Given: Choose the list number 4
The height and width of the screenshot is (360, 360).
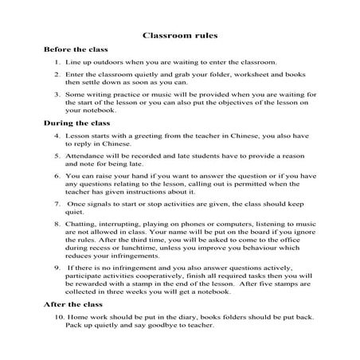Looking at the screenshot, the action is pos(58,136).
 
